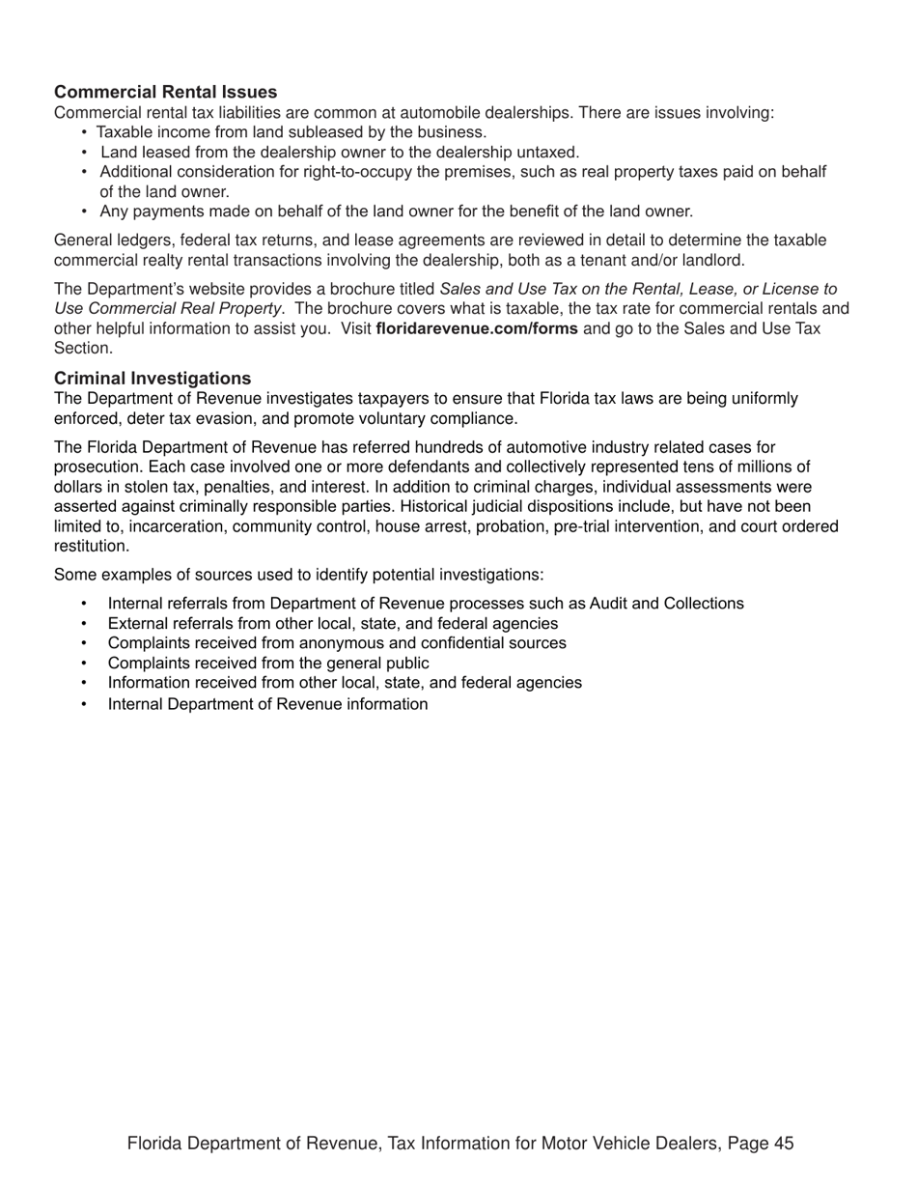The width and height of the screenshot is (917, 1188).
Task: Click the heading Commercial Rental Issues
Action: pos(165,92)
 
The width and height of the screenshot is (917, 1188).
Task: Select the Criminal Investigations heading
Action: pos(153,378)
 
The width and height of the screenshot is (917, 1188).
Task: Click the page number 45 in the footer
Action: pos(783,1144)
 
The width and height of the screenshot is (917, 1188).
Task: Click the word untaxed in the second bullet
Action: pos(549,152)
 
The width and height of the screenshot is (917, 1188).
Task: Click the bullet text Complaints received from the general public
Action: pos(268,663)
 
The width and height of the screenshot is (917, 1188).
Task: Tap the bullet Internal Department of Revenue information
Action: pos(267,703)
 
